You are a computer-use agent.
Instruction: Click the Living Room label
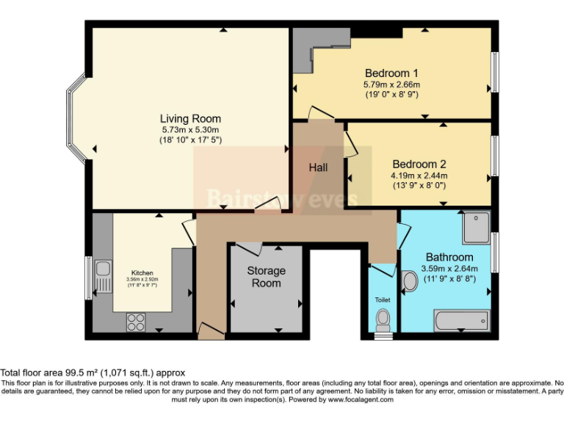click(x=190, y=118)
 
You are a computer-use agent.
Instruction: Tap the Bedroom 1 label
click(x=391, y=73)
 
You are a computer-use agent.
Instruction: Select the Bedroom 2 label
click(x=419, y=164)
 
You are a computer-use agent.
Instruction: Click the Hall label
click(x=318, y=167)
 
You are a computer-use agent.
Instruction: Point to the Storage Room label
click(x=266, y=277)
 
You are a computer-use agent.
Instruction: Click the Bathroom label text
click(x=449, y=257)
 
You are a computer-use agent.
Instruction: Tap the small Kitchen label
click(x=142, y=273)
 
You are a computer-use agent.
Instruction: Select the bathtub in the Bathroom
click(x=460, y=320)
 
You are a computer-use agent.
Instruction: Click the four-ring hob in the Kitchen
click(x=136, y=319)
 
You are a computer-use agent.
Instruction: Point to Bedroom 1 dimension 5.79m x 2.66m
click(x=391, y=84)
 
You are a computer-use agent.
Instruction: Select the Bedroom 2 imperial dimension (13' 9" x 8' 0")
click(x=419, y=186)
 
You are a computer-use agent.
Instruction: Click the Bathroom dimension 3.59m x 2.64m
click(x=449, y=269)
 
